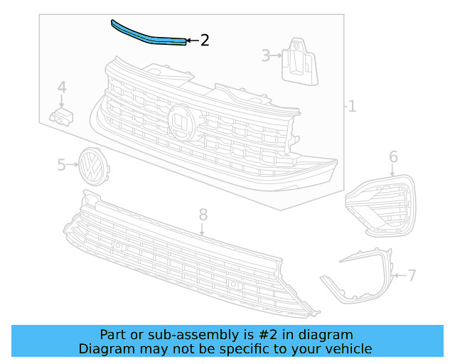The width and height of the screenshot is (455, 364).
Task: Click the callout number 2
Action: pos(205,41)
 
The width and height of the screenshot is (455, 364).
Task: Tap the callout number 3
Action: pos(266,55)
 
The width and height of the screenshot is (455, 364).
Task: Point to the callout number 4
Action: pos(62,87)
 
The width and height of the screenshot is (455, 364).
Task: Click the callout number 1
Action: pos(352,107)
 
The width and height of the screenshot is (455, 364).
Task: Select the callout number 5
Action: pos(61,166)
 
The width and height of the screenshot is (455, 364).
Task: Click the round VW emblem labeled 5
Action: pos(90,166)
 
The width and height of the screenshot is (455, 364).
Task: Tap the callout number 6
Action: pos(393,157)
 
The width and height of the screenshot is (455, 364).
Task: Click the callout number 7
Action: pos(412,274)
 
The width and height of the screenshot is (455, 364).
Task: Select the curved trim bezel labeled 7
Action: pos(363,277)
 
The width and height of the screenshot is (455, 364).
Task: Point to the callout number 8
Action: pos(203,213)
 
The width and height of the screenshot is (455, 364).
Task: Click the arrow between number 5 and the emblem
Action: pos(73,166)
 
